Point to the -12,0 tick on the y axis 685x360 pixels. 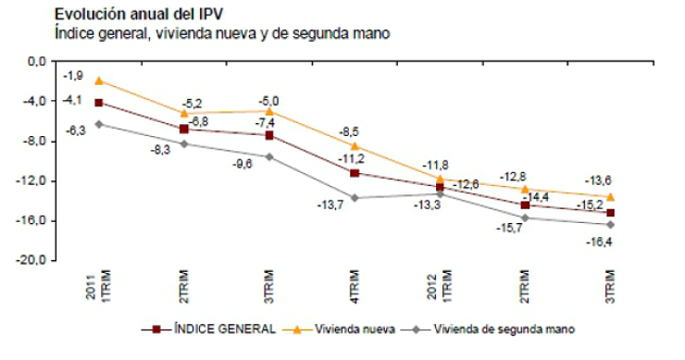point(36,180)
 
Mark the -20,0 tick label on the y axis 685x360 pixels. point(36,261)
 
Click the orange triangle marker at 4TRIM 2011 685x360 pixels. point(355,145)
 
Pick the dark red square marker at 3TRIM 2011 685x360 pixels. point(269,135)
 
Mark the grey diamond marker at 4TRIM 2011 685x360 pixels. point(355,197)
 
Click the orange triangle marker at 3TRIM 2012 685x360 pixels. point(610,196)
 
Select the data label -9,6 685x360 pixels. point(243,163)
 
